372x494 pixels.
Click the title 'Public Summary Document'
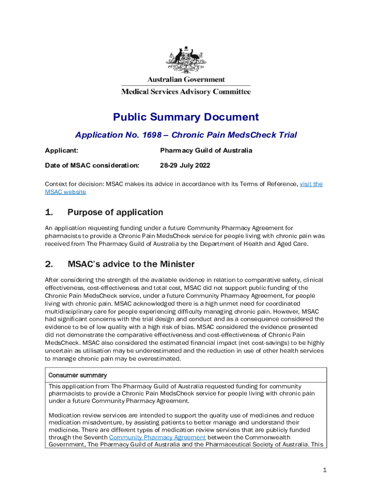point(186,117)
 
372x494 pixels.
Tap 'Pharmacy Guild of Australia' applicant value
point(206,151)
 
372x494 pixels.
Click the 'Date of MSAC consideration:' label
point(92,165)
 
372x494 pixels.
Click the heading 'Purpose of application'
point(115,212)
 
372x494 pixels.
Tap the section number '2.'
point(49,264)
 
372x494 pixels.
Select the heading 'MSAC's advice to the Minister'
point(131,264)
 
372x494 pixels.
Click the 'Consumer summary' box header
point(77,375)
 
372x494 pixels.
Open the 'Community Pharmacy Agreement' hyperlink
point(157,438)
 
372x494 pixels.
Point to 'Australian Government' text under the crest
point(186,80)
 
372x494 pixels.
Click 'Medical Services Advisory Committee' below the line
point(186,91)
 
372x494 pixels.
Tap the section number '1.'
point(49,212)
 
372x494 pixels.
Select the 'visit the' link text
point(311,184)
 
